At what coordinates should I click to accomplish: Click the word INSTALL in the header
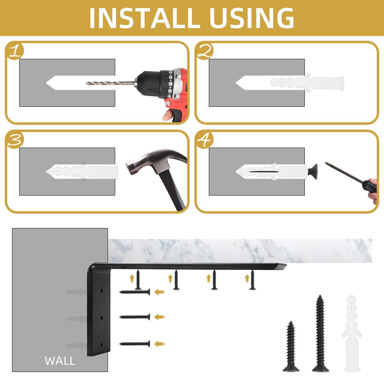145,18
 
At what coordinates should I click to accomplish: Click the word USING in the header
252,18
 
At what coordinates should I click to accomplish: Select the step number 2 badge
205,51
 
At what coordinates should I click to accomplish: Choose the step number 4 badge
205,140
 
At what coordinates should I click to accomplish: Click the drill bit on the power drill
110,83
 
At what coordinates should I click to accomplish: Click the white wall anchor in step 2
307,83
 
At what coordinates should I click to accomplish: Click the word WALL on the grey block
60,361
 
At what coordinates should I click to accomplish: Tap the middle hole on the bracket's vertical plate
101,318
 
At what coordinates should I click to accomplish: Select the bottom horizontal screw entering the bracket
135,344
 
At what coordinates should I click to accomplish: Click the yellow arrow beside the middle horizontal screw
159,317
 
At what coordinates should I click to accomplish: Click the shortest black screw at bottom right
291,346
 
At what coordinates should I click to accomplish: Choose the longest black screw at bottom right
320,334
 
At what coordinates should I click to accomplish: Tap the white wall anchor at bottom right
352,334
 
